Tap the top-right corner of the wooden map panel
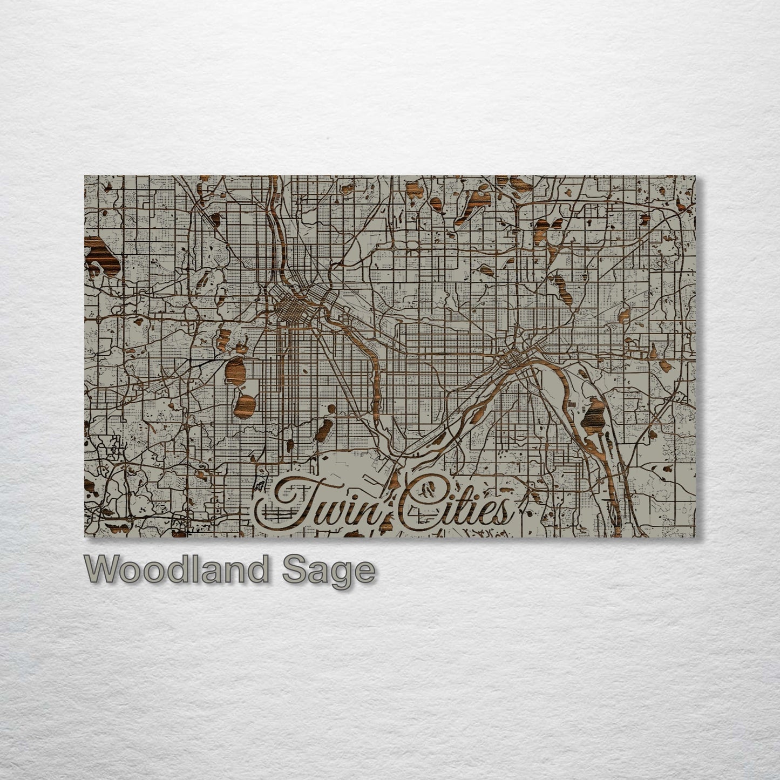(x=695, y=176)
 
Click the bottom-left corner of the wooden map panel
(x=85, y=538)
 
